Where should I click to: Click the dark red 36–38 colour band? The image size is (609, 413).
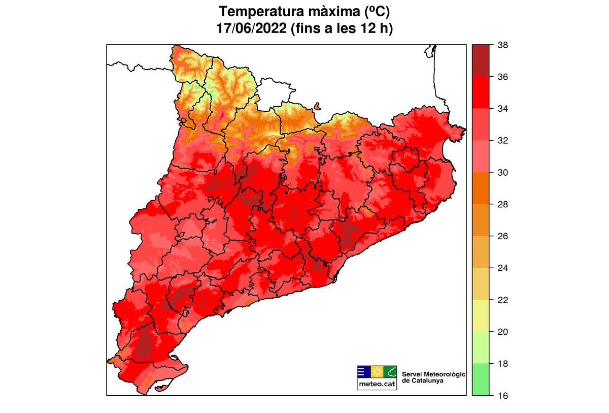click(480, 61)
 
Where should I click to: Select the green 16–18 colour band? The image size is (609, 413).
click(480, 379)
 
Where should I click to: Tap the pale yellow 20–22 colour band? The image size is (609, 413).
click(480, 315)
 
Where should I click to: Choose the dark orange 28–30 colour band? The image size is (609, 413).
click(480, 188)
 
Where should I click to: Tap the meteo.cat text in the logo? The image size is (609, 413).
click(377, 385)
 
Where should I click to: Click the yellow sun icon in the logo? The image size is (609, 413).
click(377, 371)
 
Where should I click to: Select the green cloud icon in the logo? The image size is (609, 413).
click(390, 371)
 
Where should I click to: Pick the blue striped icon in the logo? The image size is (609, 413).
click(363, 371)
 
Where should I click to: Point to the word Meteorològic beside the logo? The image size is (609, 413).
click(444, 374)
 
